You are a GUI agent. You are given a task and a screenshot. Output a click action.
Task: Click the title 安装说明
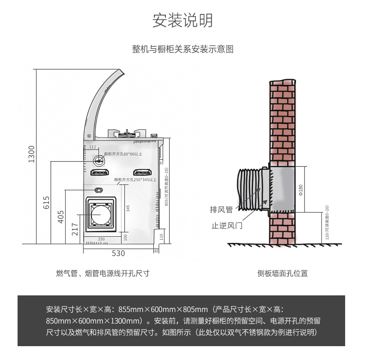point(182,21)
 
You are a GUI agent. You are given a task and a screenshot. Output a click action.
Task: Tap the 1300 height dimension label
point(31,154)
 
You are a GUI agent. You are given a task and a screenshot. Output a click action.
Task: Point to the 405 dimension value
point(61,216)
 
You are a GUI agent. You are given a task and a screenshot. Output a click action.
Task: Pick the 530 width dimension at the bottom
point(118,253)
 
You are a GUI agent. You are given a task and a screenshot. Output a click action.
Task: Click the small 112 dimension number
point(92,147)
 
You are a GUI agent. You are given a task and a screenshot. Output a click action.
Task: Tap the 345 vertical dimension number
point(128,208)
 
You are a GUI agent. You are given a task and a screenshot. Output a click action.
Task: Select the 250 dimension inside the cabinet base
point(101,239)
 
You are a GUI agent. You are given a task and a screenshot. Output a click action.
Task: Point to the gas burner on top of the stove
point(128,134)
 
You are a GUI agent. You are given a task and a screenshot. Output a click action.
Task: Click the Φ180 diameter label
point(301,189)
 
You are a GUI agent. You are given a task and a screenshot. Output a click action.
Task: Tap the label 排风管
point(221,210)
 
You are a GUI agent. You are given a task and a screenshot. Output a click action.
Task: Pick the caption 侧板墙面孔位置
point(282,273)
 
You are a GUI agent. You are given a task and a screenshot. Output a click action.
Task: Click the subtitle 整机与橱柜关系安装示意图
point(182,49)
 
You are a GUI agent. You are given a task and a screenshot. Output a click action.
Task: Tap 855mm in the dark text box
point(131,309)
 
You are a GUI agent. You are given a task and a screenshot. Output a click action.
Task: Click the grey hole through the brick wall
point(281,189)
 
